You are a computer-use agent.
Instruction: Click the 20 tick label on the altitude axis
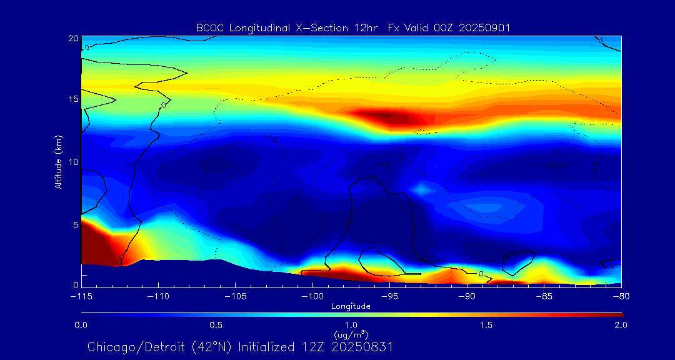[72, 38]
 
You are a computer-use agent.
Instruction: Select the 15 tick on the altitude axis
[72, 99]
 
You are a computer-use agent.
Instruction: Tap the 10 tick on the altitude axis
[72, 161]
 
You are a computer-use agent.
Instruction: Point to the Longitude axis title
[351, 306]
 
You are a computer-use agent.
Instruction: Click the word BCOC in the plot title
[207, 27]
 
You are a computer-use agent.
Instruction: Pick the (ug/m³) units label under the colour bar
[351, 334]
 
